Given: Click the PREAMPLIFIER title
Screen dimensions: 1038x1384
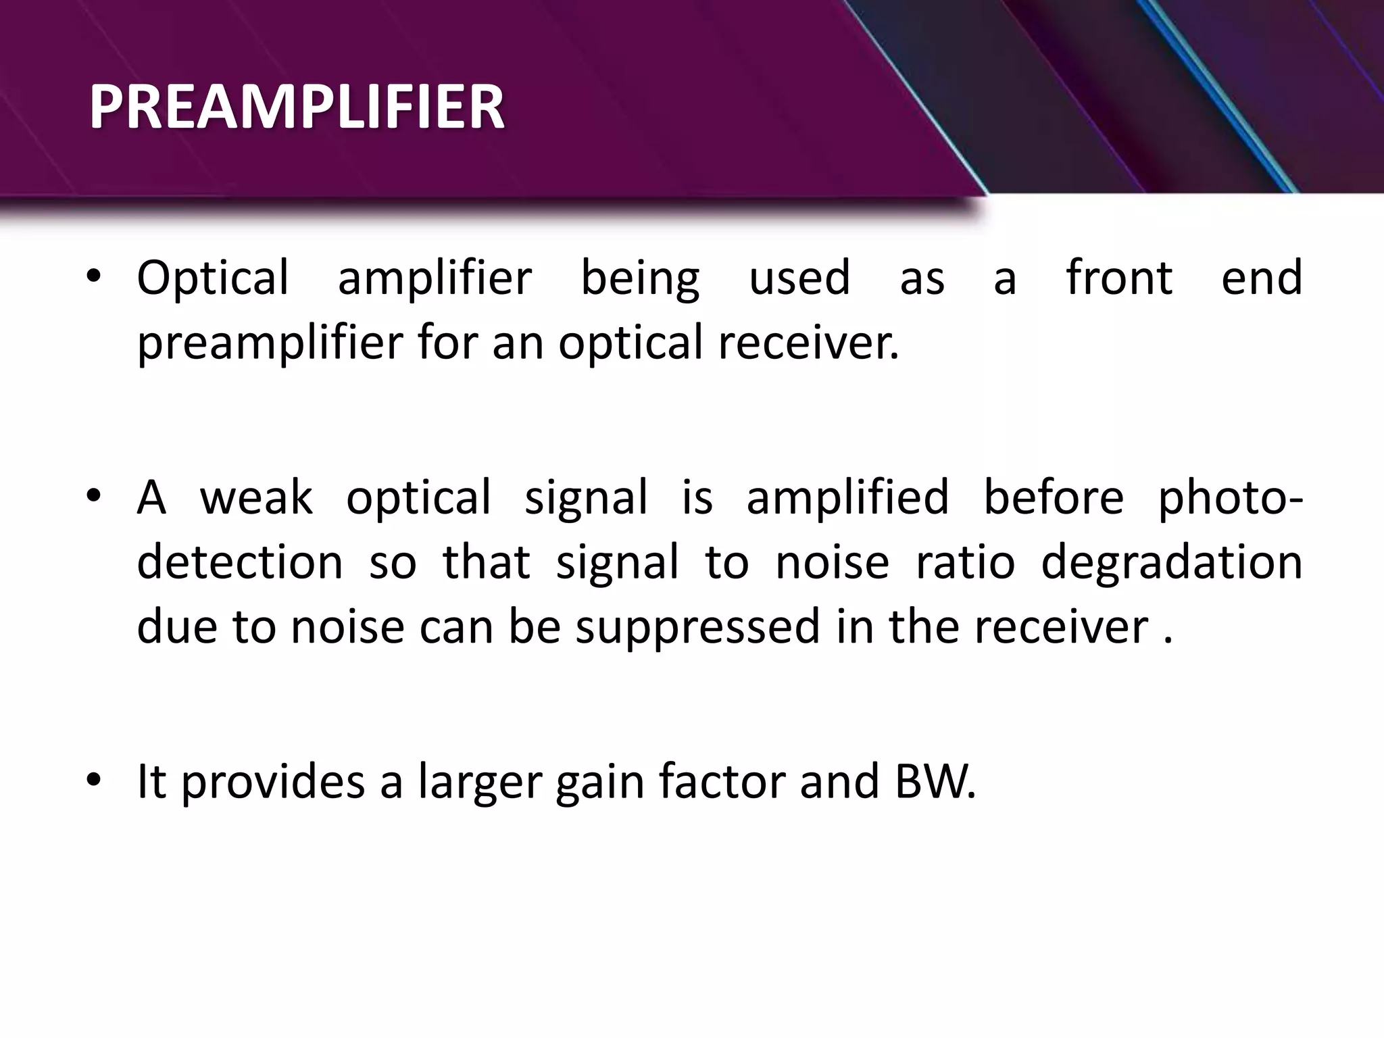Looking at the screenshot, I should [x=297, y=107].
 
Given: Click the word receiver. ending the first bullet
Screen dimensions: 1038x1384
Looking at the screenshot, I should [x=808, y=343].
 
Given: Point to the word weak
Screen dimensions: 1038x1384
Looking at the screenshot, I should [x=256, y=497].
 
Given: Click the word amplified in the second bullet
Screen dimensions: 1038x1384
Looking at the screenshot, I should [x=847, y=497].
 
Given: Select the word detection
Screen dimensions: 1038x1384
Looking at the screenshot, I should [x=240, y=562].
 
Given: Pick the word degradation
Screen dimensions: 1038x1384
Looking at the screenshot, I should [x=1172, y=562].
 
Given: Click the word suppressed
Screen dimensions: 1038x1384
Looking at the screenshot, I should [x=697, y=627].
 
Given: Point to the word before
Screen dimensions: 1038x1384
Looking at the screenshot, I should [x=1053, y=497].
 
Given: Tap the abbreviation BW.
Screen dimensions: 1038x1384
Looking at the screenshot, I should [x=935, y=781].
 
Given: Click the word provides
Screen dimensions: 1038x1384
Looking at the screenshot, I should [x=273, y=781].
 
